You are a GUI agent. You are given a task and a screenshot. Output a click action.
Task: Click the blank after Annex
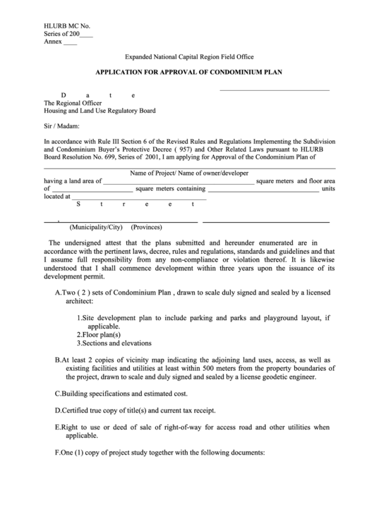coord(71,43)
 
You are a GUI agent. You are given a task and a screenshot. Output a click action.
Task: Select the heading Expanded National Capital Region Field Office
coord(189,56)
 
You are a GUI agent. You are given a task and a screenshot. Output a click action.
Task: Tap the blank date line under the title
coord(274,90)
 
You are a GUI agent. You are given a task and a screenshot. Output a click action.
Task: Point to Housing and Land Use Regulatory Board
coord(99,111)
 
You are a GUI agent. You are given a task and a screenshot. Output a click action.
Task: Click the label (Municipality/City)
coord(96,227)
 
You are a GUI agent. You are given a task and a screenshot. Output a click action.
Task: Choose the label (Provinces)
coord(147,227)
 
